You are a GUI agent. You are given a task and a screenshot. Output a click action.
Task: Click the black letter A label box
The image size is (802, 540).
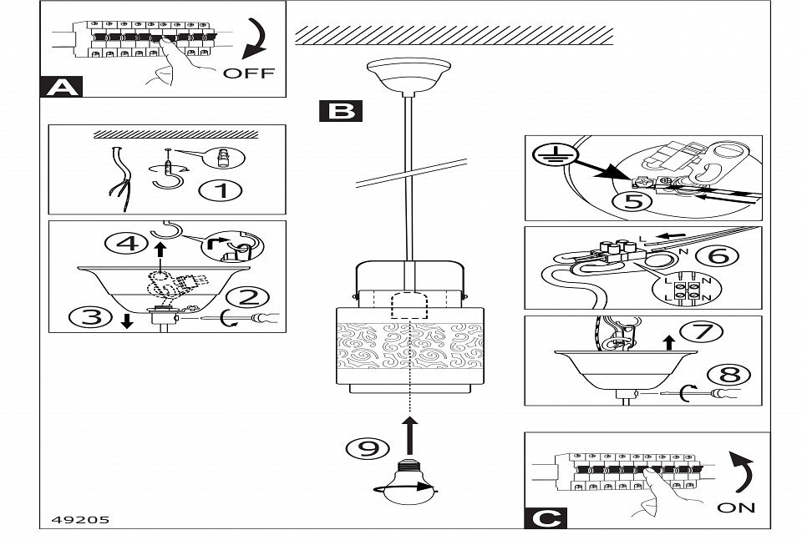pos(61,87)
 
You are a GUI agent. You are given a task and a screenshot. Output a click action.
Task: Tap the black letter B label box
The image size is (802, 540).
pos(340,111)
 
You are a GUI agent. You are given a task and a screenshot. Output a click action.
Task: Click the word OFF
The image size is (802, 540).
pos(248,73)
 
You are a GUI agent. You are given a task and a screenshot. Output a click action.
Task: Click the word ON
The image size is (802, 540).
pos(735,507)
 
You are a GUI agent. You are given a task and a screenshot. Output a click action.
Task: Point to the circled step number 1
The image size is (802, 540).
pos(221,190)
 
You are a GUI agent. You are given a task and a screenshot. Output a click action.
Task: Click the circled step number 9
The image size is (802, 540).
pos(363,448)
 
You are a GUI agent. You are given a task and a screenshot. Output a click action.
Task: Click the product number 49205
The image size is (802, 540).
pos(74,519)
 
